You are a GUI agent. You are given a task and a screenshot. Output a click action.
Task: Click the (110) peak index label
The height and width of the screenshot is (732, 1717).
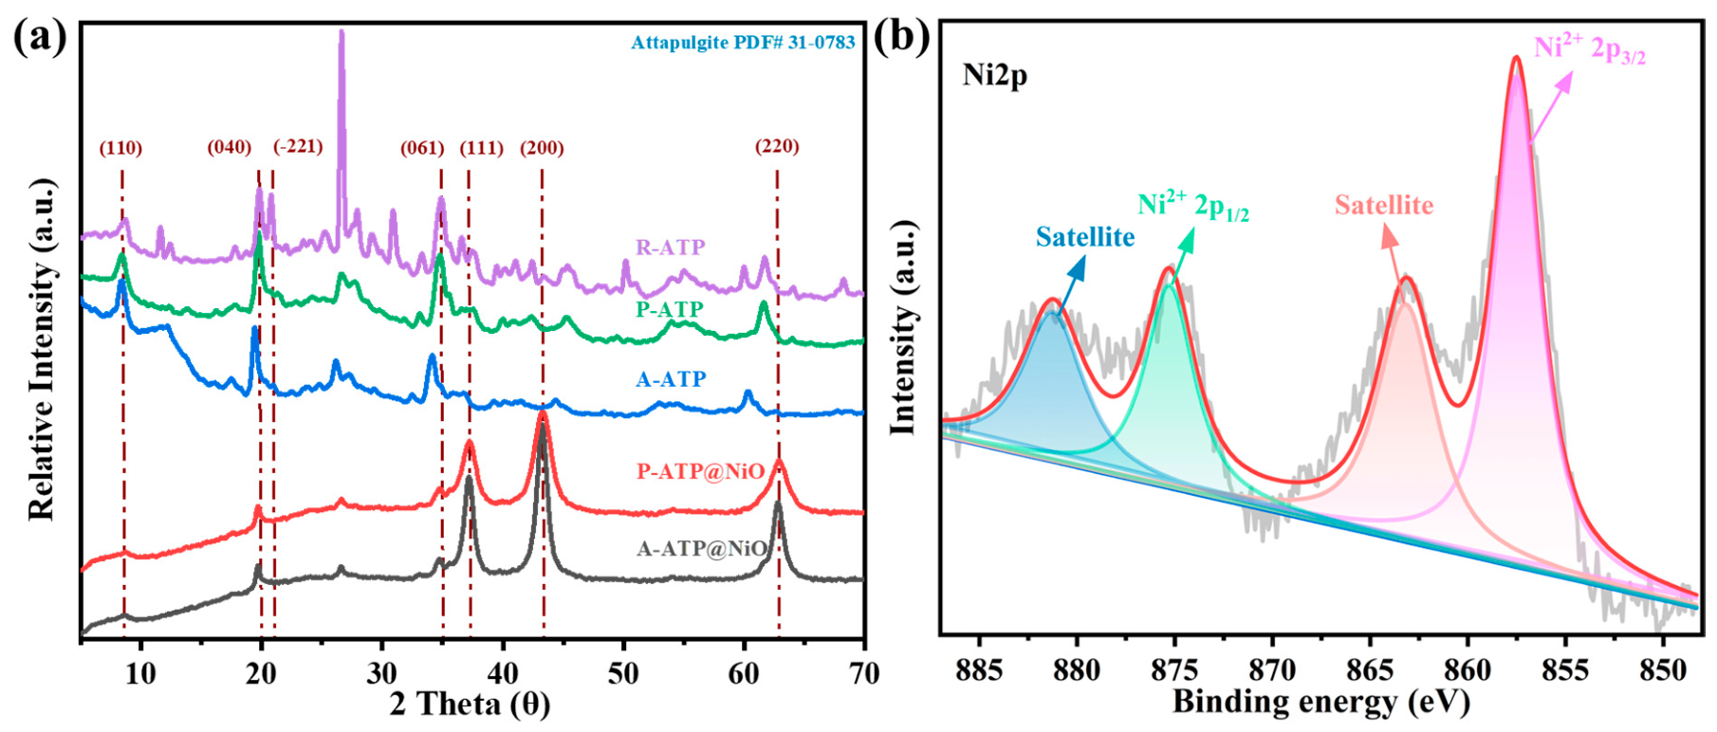(x=120, y=148)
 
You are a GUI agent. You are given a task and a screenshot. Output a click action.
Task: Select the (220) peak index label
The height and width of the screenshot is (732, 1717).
(x=777, y=146)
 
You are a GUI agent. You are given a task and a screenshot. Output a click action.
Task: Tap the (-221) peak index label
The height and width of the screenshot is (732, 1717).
(x=298, y=146)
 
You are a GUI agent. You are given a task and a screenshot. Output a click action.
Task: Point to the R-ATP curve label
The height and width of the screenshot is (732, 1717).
(x=670, y=247)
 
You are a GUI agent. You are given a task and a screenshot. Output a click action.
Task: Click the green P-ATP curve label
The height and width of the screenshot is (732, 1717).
(x=670, y=309)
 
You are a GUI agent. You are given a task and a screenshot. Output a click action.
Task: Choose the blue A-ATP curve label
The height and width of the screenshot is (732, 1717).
(x=671, y=379)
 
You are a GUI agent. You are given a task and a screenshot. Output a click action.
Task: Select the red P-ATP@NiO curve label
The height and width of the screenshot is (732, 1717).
(x=700, y=471)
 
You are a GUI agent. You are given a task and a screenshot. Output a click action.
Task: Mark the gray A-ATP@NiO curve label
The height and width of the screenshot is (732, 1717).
(x=701, y=549)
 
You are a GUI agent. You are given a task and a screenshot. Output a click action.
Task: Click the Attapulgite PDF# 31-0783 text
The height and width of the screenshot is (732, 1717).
(x=743, y=43)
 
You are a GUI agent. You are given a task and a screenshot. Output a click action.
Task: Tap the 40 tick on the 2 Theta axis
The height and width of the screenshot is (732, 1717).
(x=503, y=673)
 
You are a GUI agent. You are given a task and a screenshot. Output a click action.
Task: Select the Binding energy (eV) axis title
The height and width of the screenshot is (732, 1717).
(x=1321, y=703)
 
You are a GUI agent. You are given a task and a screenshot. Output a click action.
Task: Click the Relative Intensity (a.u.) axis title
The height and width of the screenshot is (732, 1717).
(x=41, y=348)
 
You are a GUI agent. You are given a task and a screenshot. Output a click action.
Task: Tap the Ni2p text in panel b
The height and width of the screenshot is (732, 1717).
(x=994, y=75)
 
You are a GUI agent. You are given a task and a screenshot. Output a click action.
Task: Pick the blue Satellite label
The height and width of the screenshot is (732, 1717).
(x=1084, y=236)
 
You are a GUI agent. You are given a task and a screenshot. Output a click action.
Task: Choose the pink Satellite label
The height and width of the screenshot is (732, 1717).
(x=1384, y=205)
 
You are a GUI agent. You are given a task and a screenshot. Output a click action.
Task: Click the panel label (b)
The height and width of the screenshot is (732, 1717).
(x=901, y=37)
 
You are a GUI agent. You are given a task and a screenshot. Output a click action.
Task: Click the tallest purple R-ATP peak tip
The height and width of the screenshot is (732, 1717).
(x=342, y=31)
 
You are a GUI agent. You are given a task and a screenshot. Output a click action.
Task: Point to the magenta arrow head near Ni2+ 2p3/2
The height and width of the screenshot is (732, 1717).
(x=1562, y=81)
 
